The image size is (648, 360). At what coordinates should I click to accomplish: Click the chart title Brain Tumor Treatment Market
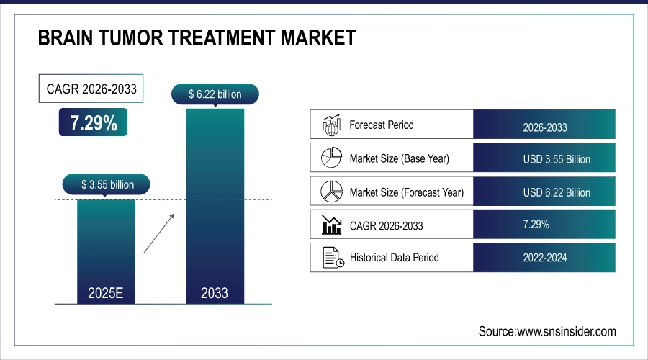coord(197,37)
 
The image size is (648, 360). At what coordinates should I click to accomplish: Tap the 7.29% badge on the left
coord(94,123)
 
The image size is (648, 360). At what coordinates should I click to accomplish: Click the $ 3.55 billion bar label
coord(107,184)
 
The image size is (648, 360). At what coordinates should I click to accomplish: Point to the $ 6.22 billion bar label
coord(215,94)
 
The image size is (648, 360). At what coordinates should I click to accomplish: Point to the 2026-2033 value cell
coord(545,127)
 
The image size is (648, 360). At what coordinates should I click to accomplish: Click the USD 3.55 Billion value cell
coord(545,159)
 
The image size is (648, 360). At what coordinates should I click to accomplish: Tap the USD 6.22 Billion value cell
coord(545,192)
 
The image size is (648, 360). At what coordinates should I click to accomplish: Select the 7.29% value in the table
coord(534,225)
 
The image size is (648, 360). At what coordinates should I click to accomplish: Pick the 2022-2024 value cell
coord(545,258)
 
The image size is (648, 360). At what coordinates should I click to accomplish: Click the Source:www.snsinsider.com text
coord(547,331)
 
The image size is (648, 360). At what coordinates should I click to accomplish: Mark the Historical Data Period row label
coord(394,257)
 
